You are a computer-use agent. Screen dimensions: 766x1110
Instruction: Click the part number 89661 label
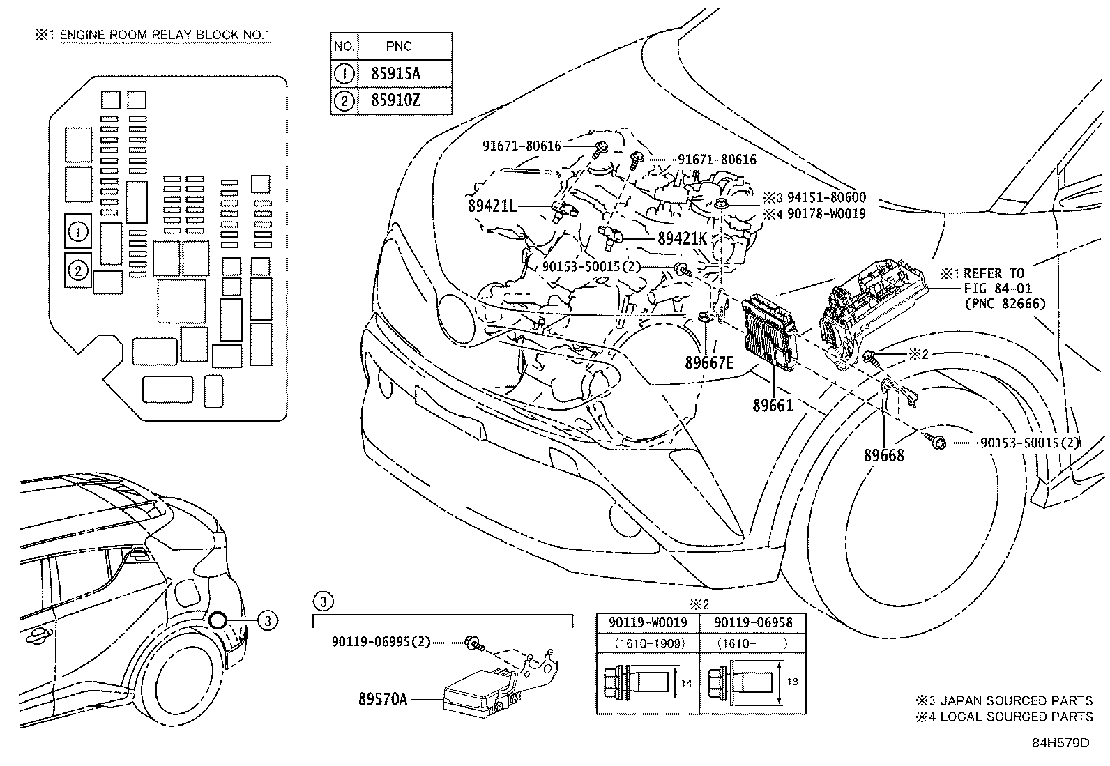pos(773,404)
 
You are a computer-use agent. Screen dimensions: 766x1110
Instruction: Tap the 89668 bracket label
pos(883,455)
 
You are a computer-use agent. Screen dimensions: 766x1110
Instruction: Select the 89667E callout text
pos(708,363)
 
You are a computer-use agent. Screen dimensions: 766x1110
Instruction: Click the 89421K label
pos(683,238)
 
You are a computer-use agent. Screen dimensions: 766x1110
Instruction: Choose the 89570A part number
pos(382,698)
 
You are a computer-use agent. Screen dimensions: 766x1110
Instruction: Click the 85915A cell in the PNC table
pos(395,73)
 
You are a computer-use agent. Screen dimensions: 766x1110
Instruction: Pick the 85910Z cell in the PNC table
pos(395,100)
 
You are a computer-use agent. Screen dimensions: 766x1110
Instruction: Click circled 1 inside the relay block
pos(79,231)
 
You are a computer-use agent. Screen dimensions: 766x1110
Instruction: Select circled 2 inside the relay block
pos(79,270)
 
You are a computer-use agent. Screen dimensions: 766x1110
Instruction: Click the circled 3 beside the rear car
pos(268,620)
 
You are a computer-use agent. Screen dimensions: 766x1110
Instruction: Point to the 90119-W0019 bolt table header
pos(647,622)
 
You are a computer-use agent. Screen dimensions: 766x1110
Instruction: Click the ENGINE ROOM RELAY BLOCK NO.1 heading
pos(165,36)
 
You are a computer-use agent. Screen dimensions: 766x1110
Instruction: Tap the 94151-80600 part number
pos(826,198)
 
